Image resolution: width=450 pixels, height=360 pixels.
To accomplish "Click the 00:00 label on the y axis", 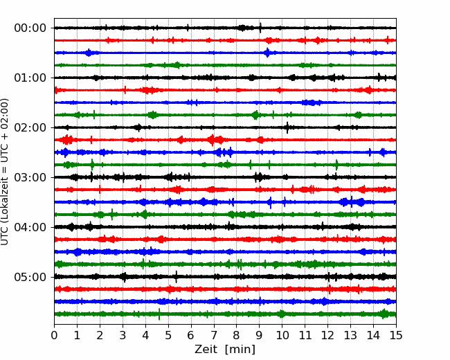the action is click(30, 28).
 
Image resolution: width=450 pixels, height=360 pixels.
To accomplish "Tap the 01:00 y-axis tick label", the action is click(30, 78).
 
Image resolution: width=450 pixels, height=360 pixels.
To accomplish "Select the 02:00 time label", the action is click(30, 127).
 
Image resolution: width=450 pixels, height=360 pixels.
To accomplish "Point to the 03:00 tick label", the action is click(30, 177).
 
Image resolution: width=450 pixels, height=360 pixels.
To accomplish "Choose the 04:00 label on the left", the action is click(30, 227).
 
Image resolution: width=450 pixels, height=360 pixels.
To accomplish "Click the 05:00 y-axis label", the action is click(30, 277).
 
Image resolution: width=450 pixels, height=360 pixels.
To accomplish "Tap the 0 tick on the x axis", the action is click(54, 335).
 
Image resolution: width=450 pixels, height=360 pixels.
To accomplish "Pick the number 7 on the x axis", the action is click(213, 335).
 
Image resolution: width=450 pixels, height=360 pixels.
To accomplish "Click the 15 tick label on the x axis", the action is click(396, 335).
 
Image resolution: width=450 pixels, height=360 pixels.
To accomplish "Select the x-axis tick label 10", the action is click(282, 335).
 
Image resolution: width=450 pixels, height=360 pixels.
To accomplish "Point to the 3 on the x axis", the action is click(123, 335).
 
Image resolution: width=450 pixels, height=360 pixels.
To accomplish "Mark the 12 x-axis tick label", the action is click(327, 335).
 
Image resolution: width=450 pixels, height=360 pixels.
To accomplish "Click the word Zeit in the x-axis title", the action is click(206, 349).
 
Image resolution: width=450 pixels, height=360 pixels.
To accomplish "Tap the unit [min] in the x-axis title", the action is click(240, 350).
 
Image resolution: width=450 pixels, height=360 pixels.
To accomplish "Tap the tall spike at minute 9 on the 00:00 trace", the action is click(260, 28).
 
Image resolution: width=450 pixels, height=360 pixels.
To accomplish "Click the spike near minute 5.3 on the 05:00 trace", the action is click(177, 277).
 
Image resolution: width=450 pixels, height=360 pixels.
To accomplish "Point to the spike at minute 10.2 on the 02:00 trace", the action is click(287, 127).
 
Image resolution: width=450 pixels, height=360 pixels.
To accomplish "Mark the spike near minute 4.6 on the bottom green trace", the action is click(159, 314).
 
